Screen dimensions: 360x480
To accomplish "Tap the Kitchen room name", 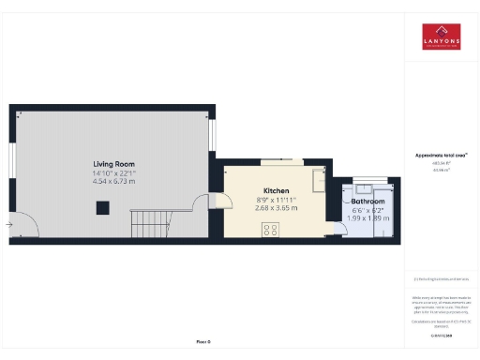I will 276,190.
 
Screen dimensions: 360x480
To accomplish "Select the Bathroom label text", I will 367,202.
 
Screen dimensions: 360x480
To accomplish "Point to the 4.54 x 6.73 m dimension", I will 113,181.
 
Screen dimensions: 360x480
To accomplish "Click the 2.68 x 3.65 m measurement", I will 276,208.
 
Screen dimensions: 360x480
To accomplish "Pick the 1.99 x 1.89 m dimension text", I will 367,218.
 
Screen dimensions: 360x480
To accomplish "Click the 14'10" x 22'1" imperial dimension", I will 113,172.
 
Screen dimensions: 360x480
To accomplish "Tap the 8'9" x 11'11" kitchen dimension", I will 276,200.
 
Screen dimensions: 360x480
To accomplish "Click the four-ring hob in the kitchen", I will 270,231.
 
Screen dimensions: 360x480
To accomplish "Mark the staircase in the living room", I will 150,224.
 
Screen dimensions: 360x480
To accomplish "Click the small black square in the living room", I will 103,209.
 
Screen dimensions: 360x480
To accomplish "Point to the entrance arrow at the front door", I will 9,224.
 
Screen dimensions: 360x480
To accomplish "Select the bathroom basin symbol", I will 365,186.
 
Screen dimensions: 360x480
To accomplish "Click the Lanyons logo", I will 441,36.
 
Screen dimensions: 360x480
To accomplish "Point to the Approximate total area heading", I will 441,155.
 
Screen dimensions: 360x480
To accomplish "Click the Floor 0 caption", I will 203,341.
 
